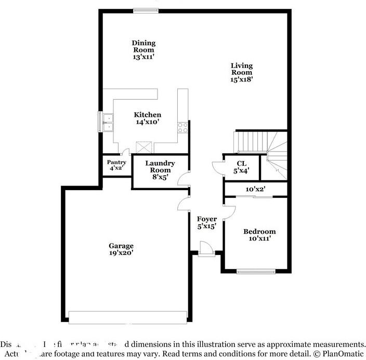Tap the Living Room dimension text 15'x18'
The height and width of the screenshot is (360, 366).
click(242, 79)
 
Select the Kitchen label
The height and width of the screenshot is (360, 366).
click(147, 115)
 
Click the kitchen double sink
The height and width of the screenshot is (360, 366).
click(108, 123)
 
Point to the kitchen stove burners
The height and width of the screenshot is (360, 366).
click(182, 127)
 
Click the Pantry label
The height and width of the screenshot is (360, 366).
click(116, 162)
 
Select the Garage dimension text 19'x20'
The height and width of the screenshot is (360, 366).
click(121, 253)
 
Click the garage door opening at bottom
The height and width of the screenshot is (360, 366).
click(127, 317)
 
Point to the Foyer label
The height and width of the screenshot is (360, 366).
click(206, 219)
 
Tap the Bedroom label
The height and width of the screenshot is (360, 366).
click(259, 231)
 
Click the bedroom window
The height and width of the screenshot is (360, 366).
click(256, 271)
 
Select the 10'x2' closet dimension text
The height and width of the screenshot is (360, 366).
click(256, 190)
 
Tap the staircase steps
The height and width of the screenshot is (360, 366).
click(252, 141)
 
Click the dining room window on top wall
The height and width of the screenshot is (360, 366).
click(146, 10)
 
